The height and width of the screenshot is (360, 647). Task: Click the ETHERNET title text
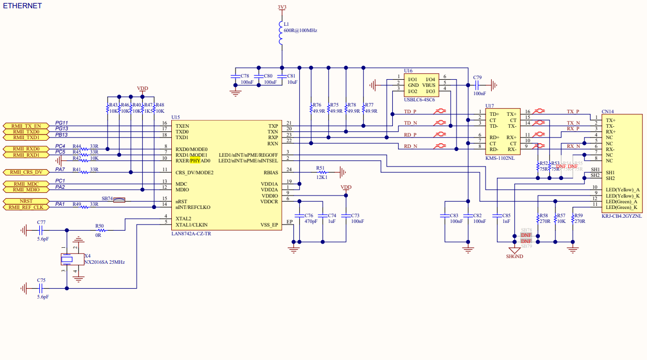tap(22, 6)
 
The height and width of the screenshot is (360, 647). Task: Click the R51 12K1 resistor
tap(322, 172)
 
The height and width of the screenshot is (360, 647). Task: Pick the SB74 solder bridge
tap(120, 199)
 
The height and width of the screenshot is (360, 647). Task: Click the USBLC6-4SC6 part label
tap(419, 100)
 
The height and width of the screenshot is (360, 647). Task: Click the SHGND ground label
tap(514, 256)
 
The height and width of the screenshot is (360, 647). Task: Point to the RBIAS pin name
tap(270, 172)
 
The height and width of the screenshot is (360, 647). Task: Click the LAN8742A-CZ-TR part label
tap(191, 234)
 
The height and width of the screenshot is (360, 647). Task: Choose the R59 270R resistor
tap(573, 218)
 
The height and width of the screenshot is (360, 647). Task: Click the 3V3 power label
tap(282, 7)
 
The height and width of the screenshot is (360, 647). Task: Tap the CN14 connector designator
tap(608, 111)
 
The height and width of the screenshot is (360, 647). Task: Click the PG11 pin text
tap(62, 123)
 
